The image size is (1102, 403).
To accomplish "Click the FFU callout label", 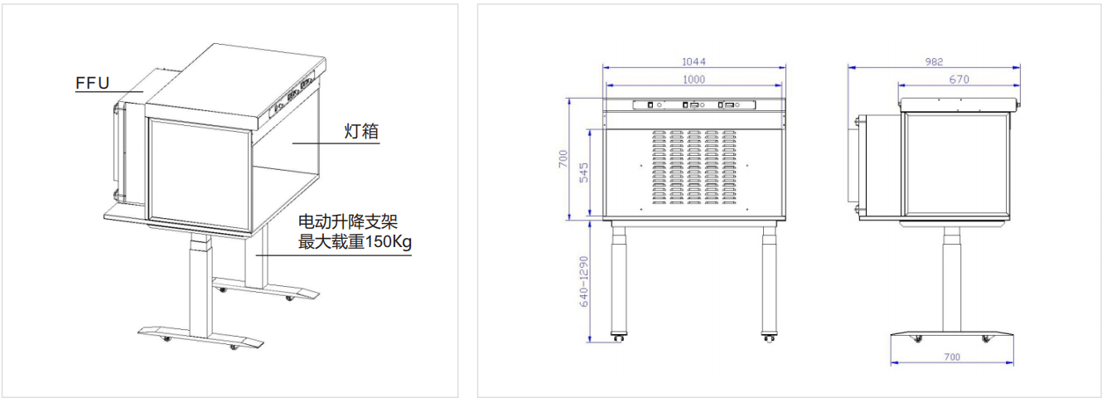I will (x=92, y=82).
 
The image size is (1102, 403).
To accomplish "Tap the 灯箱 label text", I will (x=361, y=132).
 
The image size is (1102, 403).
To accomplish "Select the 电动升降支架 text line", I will (x=349, y=222).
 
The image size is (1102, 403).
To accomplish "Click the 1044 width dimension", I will (x=694, y=61).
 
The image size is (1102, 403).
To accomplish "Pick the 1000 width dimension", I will (x=694, y=79).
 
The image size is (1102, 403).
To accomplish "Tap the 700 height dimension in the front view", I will (x=563, y=158).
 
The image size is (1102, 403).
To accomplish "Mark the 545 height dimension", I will (x=582, y=172).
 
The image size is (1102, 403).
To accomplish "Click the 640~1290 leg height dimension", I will (x=582, y=282).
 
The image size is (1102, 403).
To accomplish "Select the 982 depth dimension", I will (x=935, y=61).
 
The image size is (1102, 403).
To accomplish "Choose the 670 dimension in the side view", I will (x=959, y=80).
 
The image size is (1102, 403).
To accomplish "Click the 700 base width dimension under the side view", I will (x=951, y=357).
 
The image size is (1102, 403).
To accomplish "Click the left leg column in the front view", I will (x=618, y=278).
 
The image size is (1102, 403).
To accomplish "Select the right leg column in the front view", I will (x=768, y=278).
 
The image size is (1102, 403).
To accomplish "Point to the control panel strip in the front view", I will (x=694, y=105).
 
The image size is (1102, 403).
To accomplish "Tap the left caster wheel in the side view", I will (x=917, y=338).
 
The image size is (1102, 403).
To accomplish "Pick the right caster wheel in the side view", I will (x=985, y=338).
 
